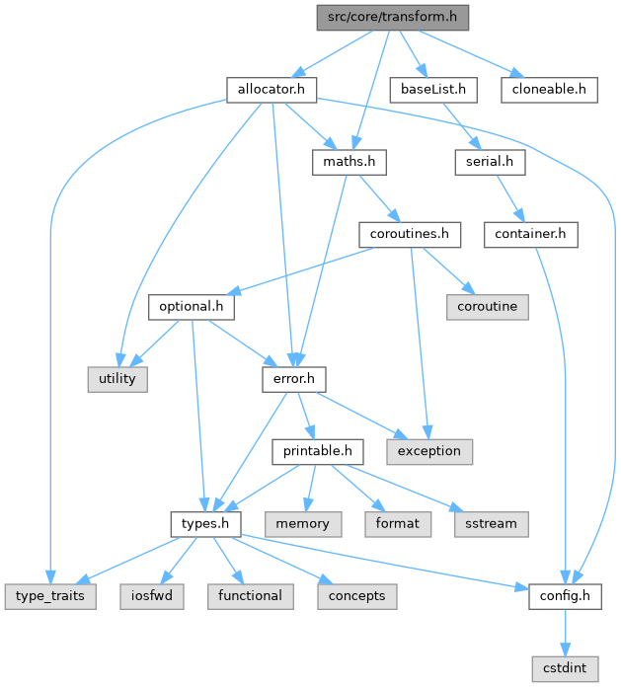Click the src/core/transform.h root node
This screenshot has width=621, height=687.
click(x=392, y=18)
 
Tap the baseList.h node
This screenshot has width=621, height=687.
click(x=432, y=90)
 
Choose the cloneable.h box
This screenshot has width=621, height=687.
click(x=549, y=90)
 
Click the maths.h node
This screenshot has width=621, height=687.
click(x=349, y=162)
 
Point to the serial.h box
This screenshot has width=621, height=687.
click(x=490, y=162)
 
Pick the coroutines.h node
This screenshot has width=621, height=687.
click(x=410, y=234)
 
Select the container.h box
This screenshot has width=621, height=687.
click(x=531, y=234)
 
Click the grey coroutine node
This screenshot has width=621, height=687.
click(x=487, y=306)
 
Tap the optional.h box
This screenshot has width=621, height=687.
click(x=192, y=306)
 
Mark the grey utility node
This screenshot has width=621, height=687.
click(x=116, y=378)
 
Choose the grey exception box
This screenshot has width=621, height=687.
click(x=429, y=450)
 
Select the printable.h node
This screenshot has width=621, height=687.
click(x=318, y=450)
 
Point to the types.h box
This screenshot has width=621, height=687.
click(x=205, y=522)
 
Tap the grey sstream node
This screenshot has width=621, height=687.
click(x=492, y=522)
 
